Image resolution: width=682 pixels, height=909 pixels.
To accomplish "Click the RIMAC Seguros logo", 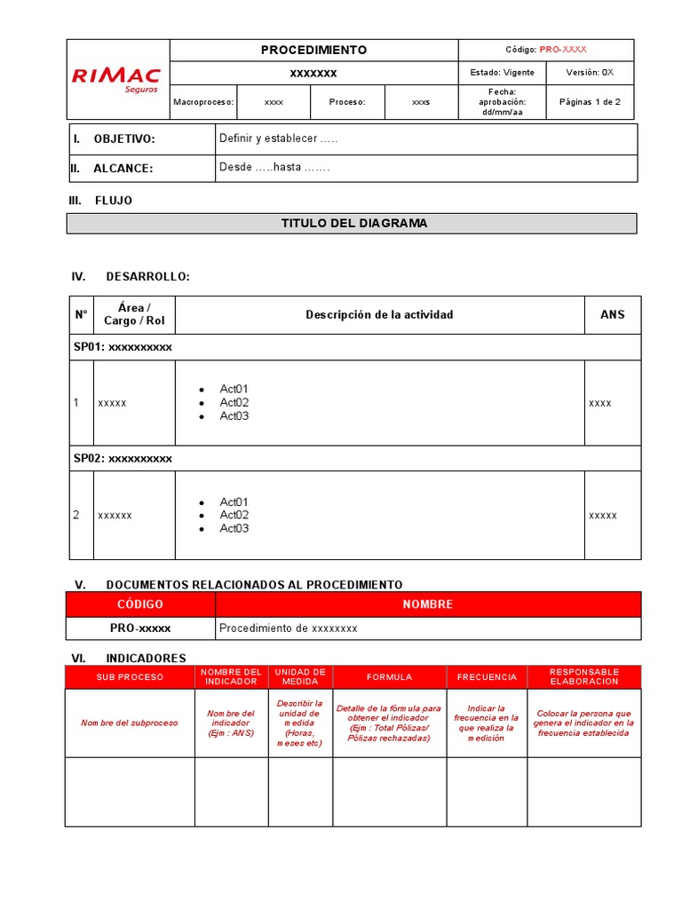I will point(116,80).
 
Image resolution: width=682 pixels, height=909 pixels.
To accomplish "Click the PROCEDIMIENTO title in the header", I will point(313,51).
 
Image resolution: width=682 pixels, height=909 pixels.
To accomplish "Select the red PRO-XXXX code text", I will point(563,51).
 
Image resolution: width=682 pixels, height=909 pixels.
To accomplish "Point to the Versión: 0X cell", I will point(590,73).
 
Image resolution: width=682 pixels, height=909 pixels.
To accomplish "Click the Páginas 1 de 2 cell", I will point(590,102).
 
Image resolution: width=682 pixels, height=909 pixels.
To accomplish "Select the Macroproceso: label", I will point(204,102).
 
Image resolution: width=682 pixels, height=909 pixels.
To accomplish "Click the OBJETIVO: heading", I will point(124,139).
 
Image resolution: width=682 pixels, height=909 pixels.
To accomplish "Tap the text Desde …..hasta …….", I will point(274,167).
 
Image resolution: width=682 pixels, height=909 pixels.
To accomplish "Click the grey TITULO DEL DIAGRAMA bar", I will point(353,224).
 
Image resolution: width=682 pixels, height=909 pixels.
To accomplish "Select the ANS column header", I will point(612,315).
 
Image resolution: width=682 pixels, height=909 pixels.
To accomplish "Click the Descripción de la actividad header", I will point(379,315).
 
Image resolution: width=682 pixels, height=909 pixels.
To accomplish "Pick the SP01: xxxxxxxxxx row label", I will point(123,347).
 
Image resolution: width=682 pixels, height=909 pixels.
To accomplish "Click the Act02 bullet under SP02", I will point(234,515).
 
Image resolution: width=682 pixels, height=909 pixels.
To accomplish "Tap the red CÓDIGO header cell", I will point(140,605).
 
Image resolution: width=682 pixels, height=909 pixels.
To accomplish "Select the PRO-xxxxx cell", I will point(140,628).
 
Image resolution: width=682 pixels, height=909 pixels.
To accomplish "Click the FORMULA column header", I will point(389,677).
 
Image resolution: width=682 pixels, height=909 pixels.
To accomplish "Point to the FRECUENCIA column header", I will point(486,677).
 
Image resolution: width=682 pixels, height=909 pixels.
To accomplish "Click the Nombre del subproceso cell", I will point(130,723).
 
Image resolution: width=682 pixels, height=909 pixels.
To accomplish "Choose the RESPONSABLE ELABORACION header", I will point(583,676).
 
